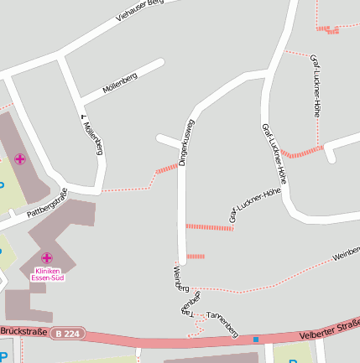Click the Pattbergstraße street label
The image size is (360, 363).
tap(46, 205)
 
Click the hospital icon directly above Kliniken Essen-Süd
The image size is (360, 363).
tap(46, 257)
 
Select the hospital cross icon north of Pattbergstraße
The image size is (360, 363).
tap(19, 158)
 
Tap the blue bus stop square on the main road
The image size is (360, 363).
tap(256, 339)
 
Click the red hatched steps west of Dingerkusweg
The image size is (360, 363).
tap(167, 170)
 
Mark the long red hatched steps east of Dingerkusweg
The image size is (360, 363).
tap(208, 227)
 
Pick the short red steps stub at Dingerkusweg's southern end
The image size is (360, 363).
tap(196, 256)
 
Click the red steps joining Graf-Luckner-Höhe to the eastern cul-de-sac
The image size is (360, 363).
tap(301, 152)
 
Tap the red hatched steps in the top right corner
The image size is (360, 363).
tap(327, 30)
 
